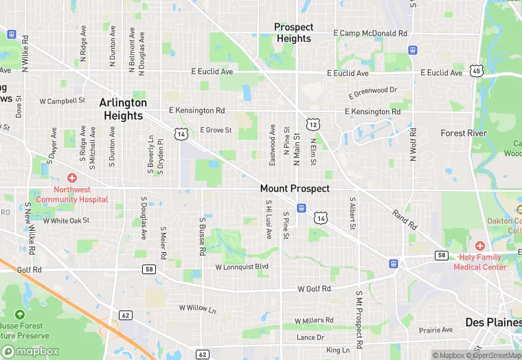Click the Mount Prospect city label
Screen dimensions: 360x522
(295, 188)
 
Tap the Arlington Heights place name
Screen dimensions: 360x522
(123, 109)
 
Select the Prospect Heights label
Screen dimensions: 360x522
(294, 33)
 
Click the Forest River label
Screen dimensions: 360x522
(464, 133)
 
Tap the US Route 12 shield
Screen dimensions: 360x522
(313, 124)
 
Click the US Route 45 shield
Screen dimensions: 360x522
(476, 71)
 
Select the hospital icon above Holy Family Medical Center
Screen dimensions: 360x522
(479, 246)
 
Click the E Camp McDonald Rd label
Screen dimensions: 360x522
(370, 33)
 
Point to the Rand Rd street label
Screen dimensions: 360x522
(405, 219)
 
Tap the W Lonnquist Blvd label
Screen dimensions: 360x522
(242, 267)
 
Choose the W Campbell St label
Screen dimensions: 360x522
(62, 100)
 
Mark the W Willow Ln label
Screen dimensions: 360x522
(197, 308)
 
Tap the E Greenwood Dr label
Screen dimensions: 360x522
(373, 91)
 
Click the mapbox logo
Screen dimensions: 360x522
(31, 351)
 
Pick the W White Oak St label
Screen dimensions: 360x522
(67, 221)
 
